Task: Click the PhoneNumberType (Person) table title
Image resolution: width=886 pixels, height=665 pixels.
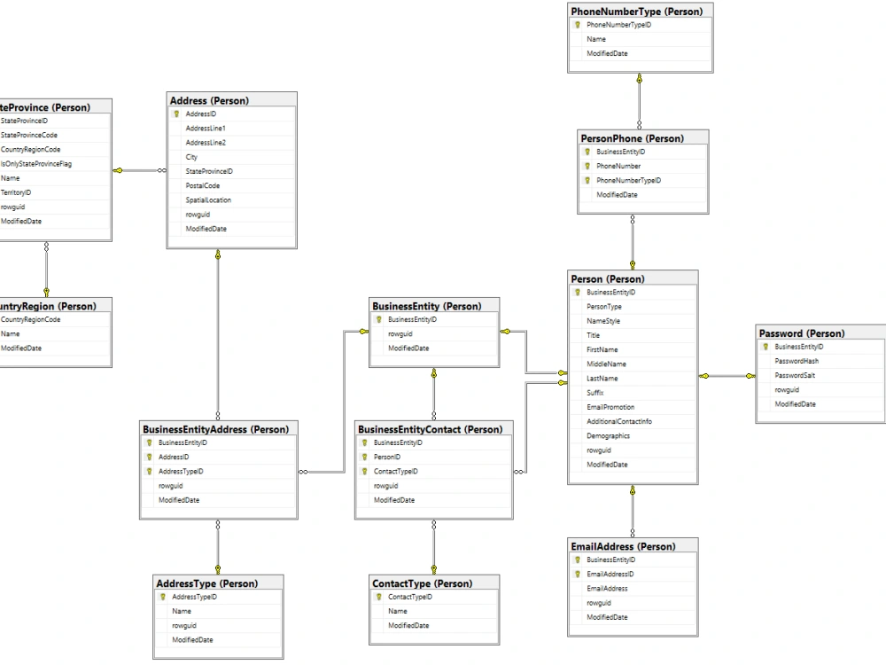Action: [637, 12]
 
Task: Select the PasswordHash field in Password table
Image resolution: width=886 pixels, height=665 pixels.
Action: [797, 361]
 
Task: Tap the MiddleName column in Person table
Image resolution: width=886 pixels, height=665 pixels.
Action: [606, 364]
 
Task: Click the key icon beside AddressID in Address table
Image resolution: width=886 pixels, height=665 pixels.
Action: [176, 114]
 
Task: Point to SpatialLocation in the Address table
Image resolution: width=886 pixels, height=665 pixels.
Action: [208, 200]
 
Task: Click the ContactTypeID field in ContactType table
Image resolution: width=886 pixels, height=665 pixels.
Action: [410, 598]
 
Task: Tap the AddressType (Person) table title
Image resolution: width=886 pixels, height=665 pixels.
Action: [206, 583]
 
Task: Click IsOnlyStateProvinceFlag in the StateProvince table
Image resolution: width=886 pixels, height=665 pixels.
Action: [36, 164]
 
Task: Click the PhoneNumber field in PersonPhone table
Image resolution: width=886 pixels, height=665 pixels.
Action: [618, 166]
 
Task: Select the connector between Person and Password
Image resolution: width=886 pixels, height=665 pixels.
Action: [727, 376]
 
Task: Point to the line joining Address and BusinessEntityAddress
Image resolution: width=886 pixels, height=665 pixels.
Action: [218, 337]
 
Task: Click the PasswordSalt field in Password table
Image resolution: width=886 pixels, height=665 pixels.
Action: [796, 376]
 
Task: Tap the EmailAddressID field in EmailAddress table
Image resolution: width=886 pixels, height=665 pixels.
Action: [610, 575]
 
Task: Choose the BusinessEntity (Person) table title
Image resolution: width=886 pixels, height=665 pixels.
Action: [426, 306]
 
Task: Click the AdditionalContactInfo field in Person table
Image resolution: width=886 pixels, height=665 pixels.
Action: [618, 421]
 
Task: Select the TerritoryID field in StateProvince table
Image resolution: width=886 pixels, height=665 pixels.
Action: [16, 192]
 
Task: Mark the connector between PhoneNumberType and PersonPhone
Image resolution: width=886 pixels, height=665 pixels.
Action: [638, 101]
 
